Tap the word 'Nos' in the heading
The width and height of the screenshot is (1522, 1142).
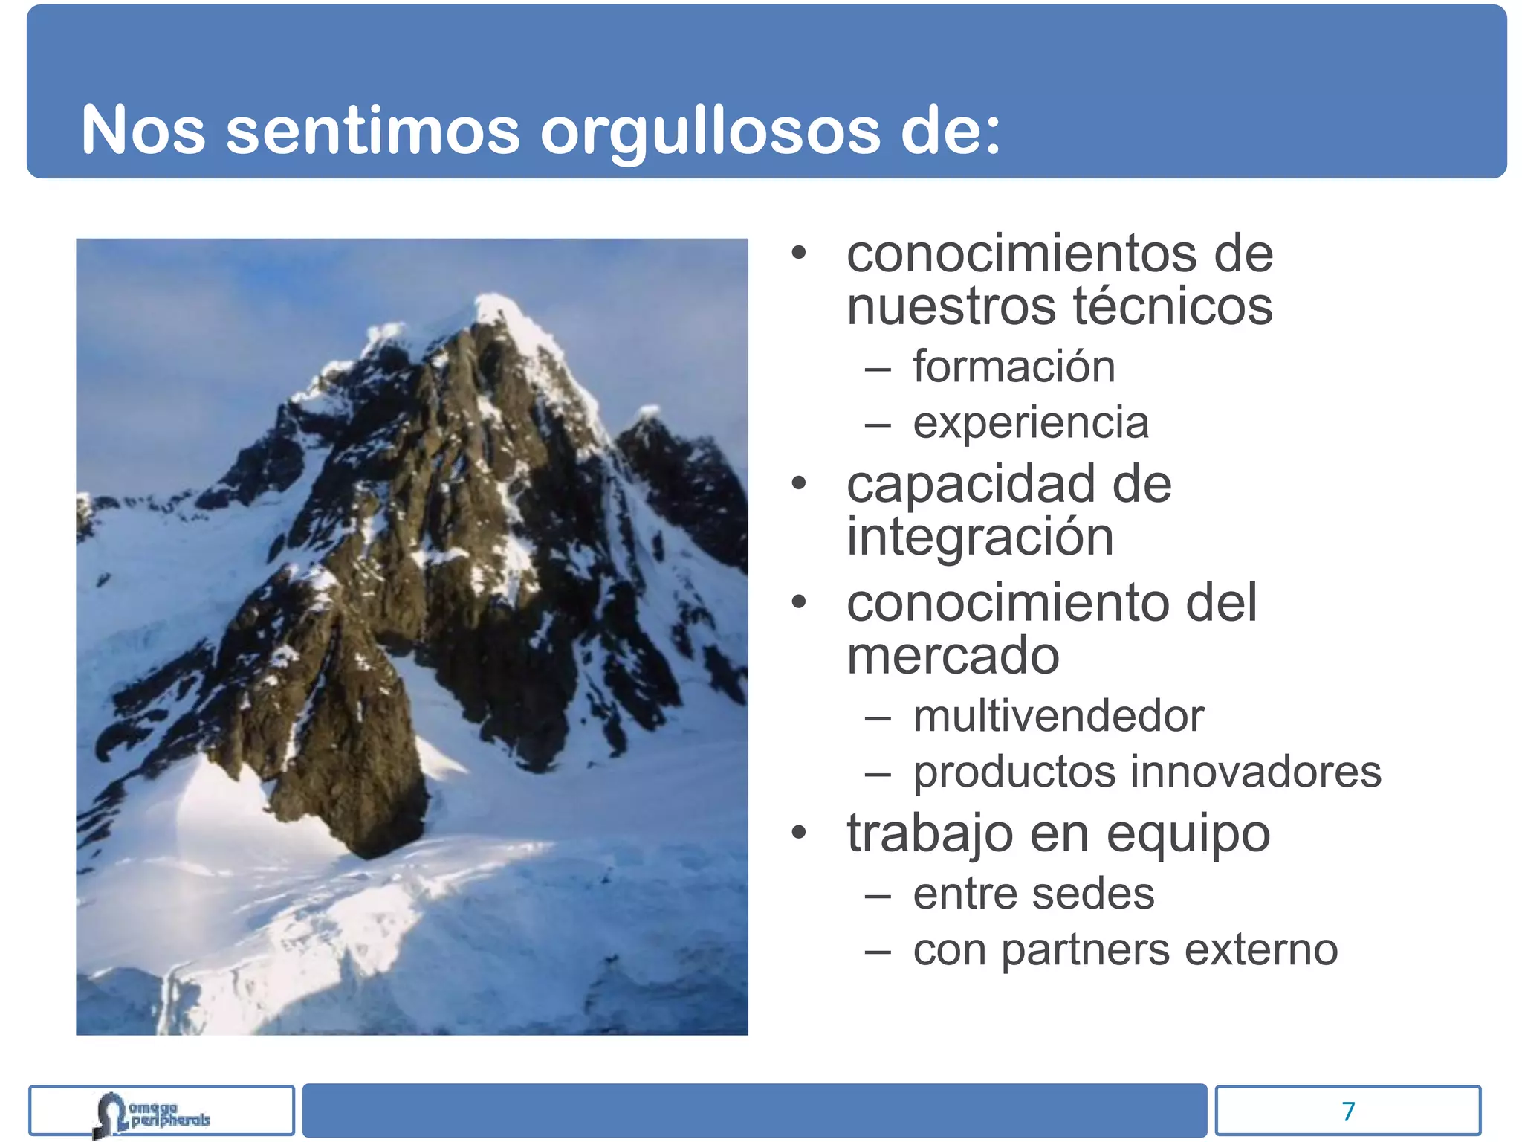[x=143, y=131]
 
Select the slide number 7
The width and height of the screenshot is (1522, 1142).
[x=1348, y=1111]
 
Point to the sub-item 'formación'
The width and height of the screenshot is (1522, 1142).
[x=1014, y=367]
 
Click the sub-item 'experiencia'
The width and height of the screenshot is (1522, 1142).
[x=1031, y=423]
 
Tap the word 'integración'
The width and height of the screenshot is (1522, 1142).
[x=980, y=537]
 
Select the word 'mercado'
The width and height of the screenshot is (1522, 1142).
[x=953, y=656]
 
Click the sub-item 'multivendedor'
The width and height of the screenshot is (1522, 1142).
[x=1058, y=716]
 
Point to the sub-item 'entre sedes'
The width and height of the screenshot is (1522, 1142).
[x=1034, y=894]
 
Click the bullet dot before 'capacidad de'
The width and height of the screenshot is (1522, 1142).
[x=799, y=484]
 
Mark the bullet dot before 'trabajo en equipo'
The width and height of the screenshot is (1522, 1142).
[x=799, y=833]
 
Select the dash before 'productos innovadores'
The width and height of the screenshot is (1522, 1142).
[x=878, y=775]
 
